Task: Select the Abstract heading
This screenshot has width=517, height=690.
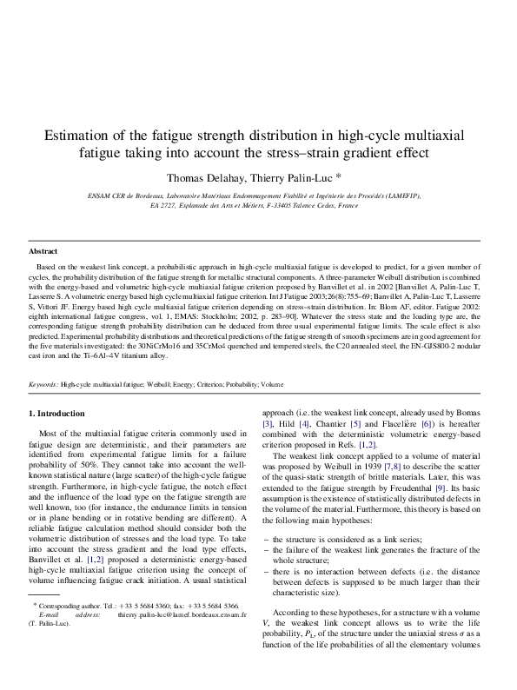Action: (x=43, y=250)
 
